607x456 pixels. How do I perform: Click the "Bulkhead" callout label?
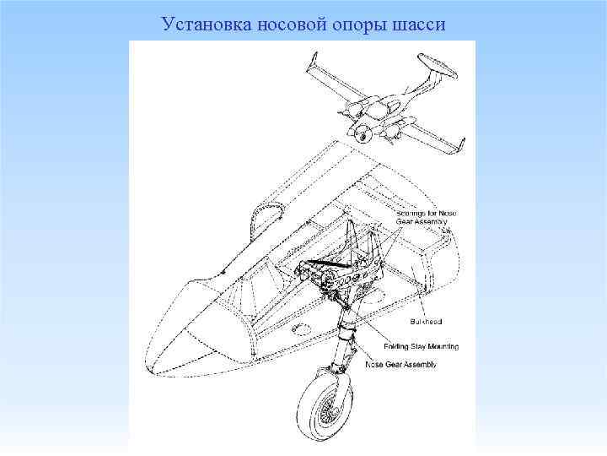(x=425, y=322)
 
